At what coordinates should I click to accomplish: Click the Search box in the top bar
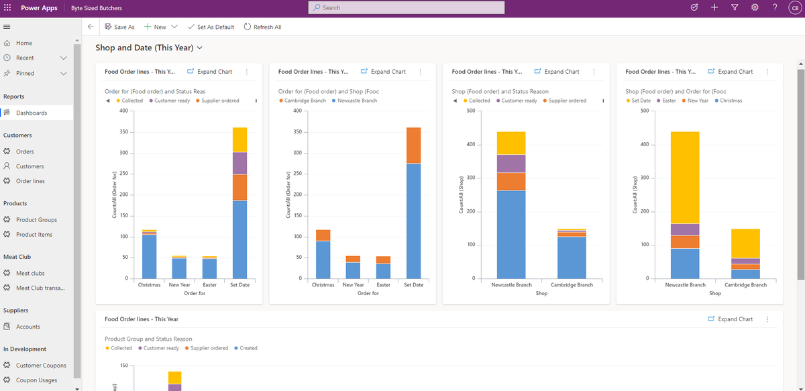click(406, 7)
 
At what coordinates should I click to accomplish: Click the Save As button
click(119, 27)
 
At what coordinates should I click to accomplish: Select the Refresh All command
click(262, 27)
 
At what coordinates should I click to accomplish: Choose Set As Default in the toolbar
click(211, 27)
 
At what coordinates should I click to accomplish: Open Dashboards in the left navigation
click(32, 113)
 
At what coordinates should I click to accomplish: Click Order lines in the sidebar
click(30, 181)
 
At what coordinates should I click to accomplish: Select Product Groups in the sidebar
click(36, 220)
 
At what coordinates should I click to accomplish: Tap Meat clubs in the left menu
click(30, 274)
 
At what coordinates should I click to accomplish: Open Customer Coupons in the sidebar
click(41, 366)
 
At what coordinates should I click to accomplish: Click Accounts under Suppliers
click(28, 327)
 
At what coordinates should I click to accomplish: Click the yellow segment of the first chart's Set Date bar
click(239, 139)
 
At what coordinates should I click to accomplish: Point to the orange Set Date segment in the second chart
click(413, 145)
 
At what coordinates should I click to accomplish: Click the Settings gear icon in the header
click(755, 7)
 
